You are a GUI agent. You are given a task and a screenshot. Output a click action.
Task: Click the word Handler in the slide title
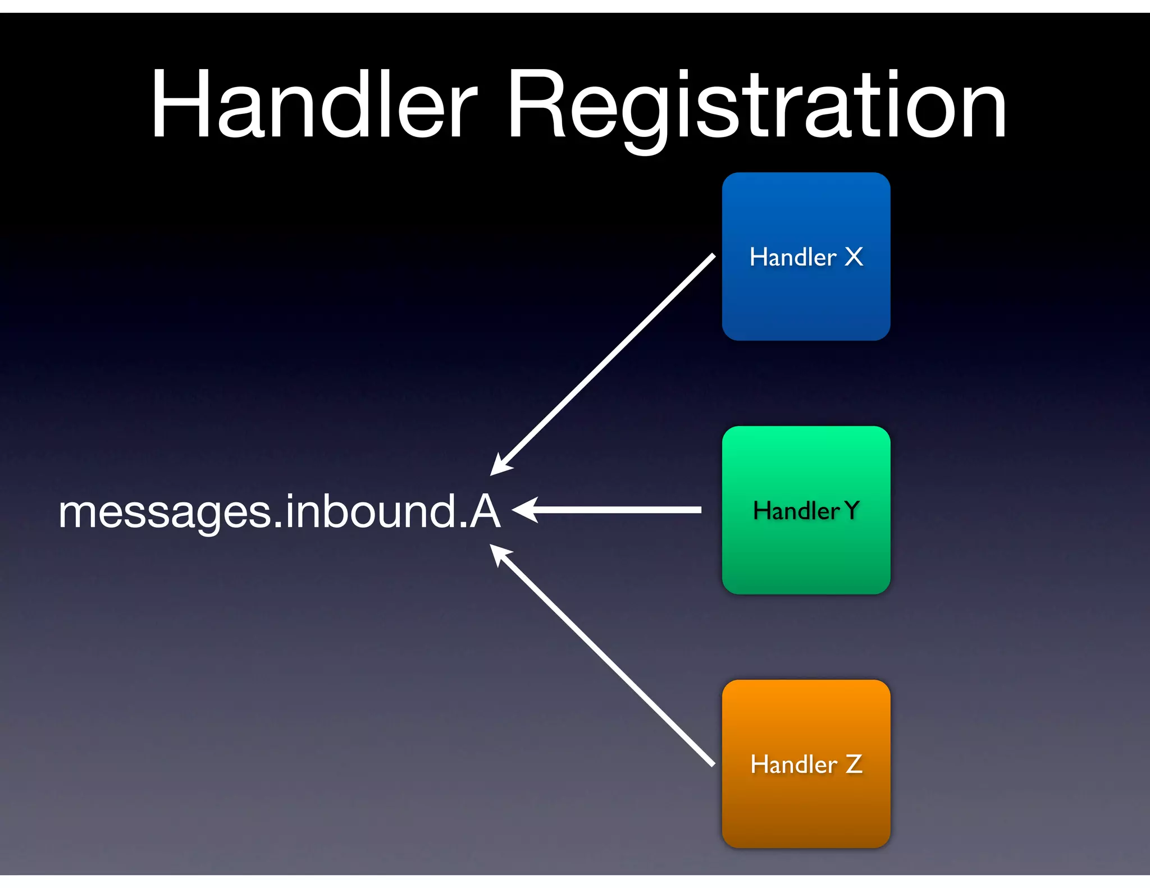click(x=314, y=104)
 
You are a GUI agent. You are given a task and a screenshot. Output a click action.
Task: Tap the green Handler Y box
click(x=806, y=556)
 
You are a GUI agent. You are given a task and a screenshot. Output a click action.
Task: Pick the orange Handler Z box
click(x=806, y=808)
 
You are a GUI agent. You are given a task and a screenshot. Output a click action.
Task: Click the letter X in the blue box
click(x=854, y=257)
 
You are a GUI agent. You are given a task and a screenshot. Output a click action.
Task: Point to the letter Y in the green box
click(x=852, y=511)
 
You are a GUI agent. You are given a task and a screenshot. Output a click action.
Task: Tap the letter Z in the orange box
click(x=854, y=765)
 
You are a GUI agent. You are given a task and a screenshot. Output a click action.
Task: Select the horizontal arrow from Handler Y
click(x=618, y=510)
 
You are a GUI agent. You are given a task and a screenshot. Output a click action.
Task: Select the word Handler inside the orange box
click(x=793, y=765)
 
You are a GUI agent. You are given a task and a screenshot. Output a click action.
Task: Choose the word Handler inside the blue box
click(x=793, y=257)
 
